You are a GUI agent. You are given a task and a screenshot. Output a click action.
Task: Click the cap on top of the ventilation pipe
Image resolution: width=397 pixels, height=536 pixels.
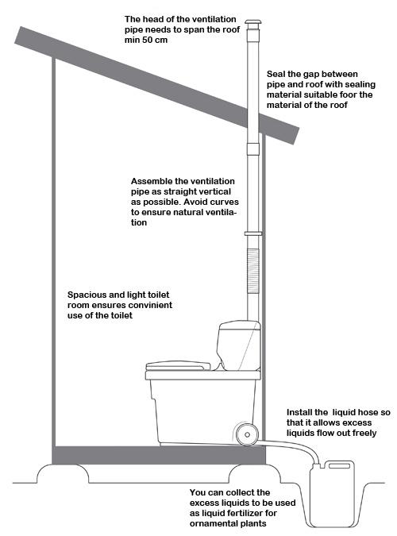[253, 25]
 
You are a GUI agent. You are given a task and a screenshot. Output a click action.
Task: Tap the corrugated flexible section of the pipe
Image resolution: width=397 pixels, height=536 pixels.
[253, 271]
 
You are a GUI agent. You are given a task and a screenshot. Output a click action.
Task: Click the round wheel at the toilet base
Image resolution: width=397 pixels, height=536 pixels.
[247, 434]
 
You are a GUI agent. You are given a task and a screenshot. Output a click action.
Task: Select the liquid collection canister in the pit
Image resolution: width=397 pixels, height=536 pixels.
[332, 494]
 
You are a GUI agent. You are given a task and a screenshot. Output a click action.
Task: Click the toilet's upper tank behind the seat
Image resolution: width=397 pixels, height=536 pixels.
[239, 345]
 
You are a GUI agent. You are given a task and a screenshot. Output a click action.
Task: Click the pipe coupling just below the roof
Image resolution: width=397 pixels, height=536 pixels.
[253, 148]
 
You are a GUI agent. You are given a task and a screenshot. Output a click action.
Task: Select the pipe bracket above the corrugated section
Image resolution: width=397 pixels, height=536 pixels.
[253, 233]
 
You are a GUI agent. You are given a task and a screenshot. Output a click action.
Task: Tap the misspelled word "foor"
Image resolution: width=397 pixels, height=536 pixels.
[349, 94]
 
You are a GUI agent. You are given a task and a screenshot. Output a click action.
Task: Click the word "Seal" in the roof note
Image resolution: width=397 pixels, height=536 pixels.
[276, 74]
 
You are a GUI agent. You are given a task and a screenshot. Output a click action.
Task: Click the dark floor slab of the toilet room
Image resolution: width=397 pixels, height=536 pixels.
[159, 455]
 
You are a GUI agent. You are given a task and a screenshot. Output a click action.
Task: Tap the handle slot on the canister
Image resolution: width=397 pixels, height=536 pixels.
[339, 465]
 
